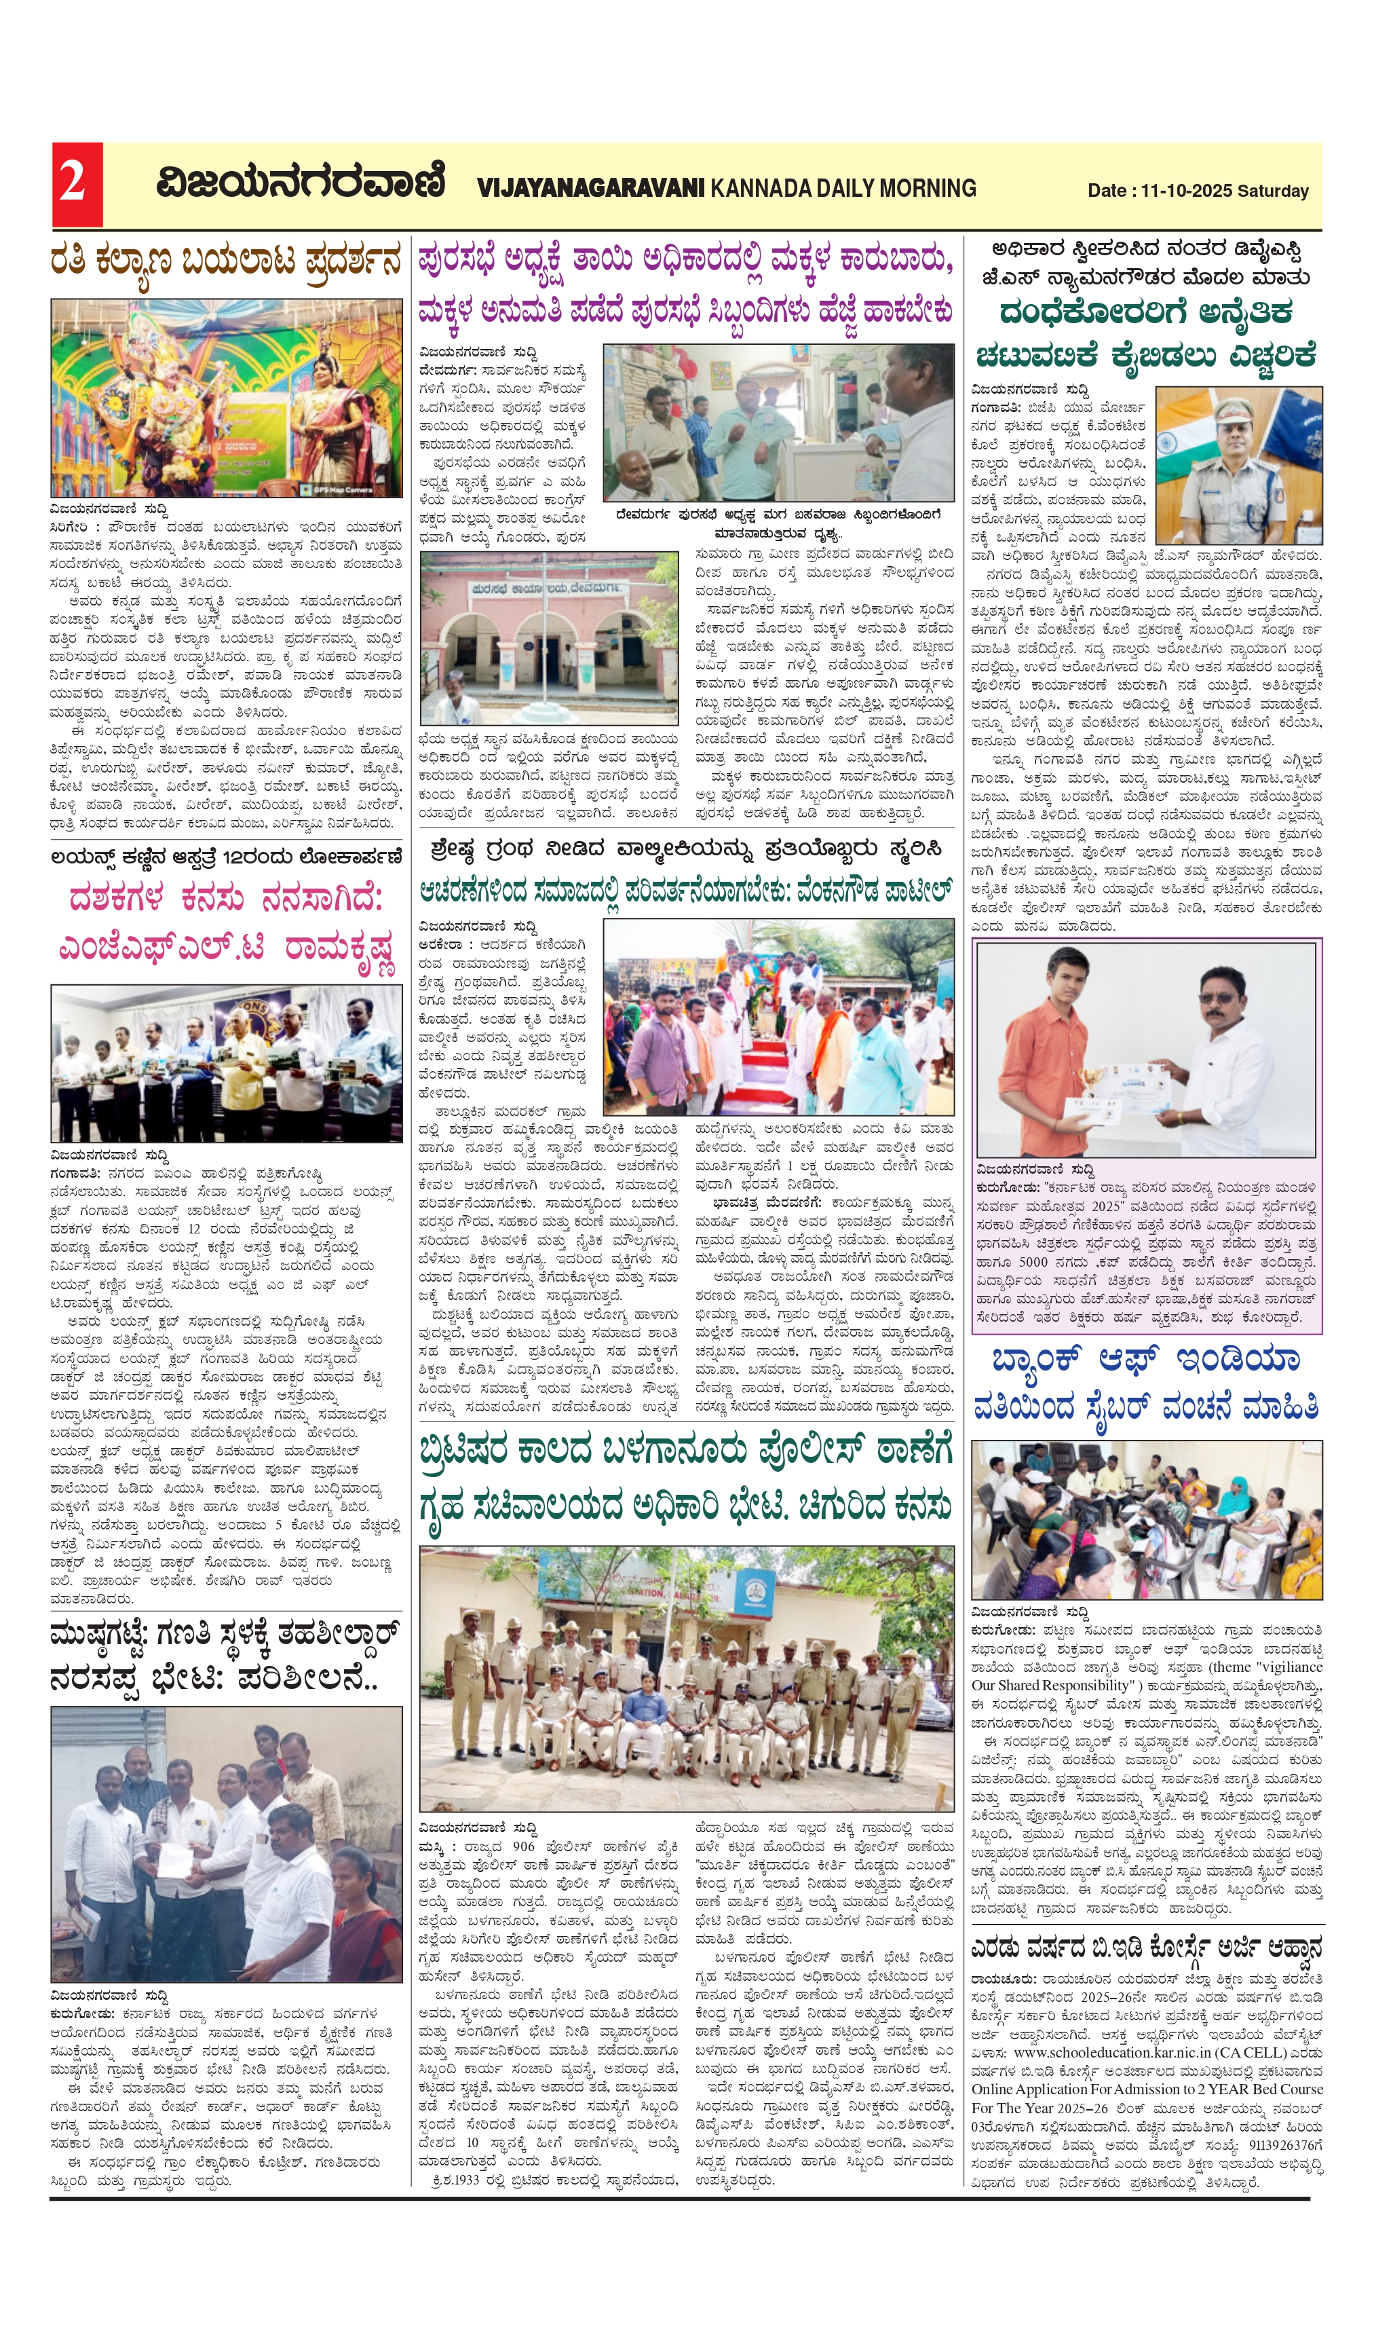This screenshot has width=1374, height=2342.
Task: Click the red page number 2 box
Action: [x=76, y=184]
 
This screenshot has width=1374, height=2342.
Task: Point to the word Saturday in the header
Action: [x=1273, y=191]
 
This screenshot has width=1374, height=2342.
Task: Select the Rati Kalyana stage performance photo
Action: [x=226, y=398]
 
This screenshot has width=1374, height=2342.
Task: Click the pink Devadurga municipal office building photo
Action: [x=548, y=639]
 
